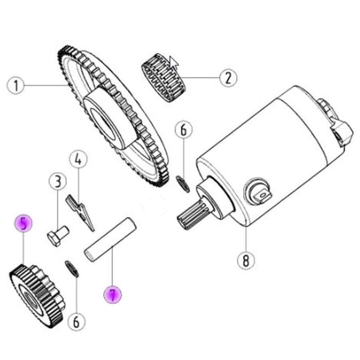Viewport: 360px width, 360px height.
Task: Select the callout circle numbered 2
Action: (x=228, y=78)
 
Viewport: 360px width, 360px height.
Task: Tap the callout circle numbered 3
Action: (x=58, y=181)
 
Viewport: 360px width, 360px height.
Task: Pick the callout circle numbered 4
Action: (x=78, y=159)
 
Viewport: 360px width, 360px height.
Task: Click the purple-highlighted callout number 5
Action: (x=24, y=223)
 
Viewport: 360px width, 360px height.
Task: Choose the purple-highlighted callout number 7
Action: (x=112, y=295)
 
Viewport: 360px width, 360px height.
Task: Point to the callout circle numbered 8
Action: (x=246, y=261)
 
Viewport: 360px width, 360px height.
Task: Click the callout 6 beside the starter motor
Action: (x=184, y=130)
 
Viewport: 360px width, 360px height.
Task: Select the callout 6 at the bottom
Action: (x=76, y=322)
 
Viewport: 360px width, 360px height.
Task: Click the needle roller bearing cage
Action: (x=164, y=78)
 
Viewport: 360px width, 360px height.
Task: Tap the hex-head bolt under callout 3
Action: (x=58, y=236)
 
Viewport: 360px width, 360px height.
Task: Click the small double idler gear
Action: (x=37, y=296)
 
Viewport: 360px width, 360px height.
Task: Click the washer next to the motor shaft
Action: (x=183, y=184)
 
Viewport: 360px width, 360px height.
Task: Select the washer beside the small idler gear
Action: (x=72, y=269)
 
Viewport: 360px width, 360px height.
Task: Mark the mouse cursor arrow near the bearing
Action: (x=174, y=62)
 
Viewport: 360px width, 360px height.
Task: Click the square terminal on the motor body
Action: (x=262, y=195)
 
